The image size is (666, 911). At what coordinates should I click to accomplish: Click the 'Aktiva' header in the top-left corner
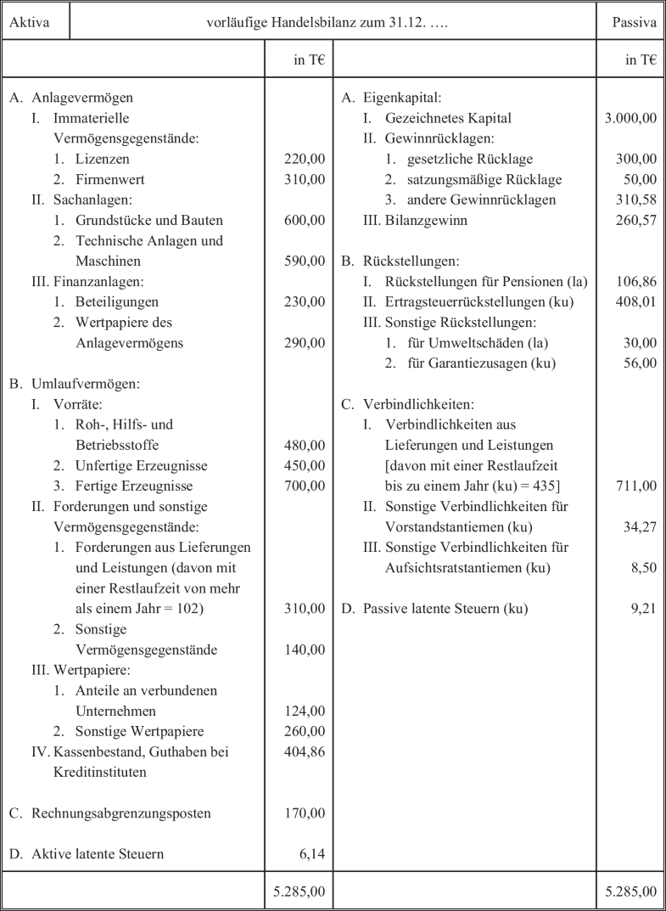click(27, 23)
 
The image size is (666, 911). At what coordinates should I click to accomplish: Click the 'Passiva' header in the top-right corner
click(635, 23)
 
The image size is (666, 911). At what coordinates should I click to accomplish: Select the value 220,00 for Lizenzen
click(305, 159)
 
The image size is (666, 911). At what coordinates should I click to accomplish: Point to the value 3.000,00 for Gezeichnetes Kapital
click(630, 119)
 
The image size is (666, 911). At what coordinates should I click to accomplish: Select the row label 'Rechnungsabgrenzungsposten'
click(121, 813)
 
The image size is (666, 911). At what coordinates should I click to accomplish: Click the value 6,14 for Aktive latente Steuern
click(312, 854)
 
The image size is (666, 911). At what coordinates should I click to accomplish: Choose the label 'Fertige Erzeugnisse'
click(134, 486)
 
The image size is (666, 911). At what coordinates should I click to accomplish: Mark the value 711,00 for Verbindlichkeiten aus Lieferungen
click(637, 486)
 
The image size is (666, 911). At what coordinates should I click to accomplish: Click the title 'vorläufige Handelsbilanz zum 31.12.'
click(327, 23)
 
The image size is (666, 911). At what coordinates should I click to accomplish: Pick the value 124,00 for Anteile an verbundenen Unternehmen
click(305, 711)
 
